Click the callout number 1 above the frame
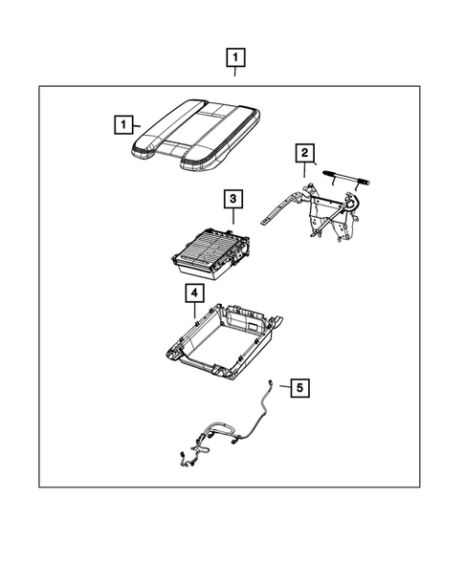(234, 56)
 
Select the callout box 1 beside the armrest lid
(121, 123)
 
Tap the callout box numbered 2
(303, 153)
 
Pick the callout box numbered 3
(232, 200)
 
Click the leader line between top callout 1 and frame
(234, 76)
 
